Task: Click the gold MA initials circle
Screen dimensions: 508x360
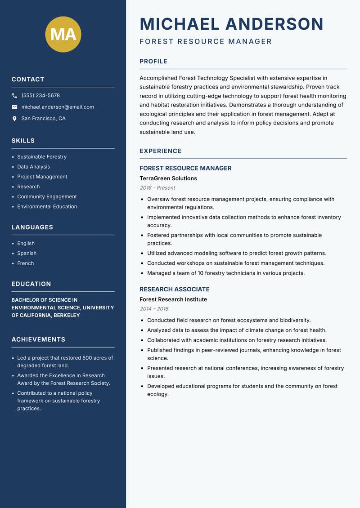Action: tap(63, 34)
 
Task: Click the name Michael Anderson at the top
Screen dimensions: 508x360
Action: tap(231, 24)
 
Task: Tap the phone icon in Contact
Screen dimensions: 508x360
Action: tap(14, 96)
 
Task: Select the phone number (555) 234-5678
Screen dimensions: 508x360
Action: tap(40, 96)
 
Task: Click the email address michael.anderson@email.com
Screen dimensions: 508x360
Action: tap(58, 107)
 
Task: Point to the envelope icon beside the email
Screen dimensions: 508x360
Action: tap(14, 107)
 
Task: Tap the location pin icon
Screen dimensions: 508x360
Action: tap(14, 119)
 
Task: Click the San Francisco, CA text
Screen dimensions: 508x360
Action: tap(43, 119)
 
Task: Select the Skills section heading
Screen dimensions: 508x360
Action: tap(23, 141)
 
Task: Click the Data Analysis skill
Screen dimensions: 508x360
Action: tap(33, 167)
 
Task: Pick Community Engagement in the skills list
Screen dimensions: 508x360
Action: tap(47, 196)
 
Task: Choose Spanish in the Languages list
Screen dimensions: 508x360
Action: tap(27, 254)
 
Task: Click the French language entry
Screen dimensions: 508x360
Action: tap(25, 263)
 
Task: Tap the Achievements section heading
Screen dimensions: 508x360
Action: tap(38, 339)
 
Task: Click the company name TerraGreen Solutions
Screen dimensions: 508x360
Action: tap(168, 178)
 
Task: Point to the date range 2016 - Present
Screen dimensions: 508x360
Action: tap(157, 188)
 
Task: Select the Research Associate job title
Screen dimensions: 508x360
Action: tap(175, 290)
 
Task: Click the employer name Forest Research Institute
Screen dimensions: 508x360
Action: tap(173, 299)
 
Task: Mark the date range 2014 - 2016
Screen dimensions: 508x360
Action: tap(154, 309)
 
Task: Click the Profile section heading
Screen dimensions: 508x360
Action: tap(153, 62)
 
